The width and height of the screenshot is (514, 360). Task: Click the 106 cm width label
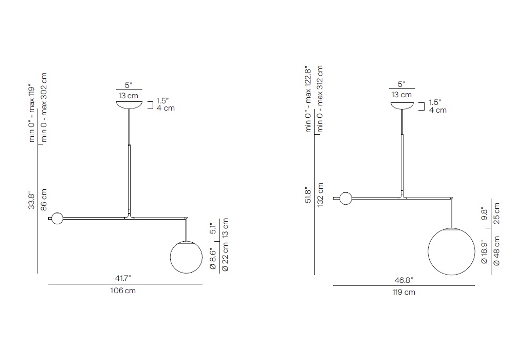[123, 291]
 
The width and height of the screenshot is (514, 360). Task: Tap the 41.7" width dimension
[123, 278]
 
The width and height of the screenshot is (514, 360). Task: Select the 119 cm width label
[404, 292]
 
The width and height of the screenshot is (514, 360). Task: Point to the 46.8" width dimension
[404, 280]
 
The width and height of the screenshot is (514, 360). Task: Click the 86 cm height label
[44, 200]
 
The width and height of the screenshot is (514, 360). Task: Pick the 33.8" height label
[31, 201]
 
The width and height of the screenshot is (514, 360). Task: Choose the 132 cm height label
[320, 194]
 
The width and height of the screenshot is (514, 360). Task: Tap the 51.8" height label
[308, 195]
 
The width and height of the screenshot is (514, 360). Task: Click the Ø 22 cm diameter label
[225, 257]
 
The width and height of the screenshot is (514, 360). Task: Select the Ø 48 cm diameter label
[497, 251]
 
